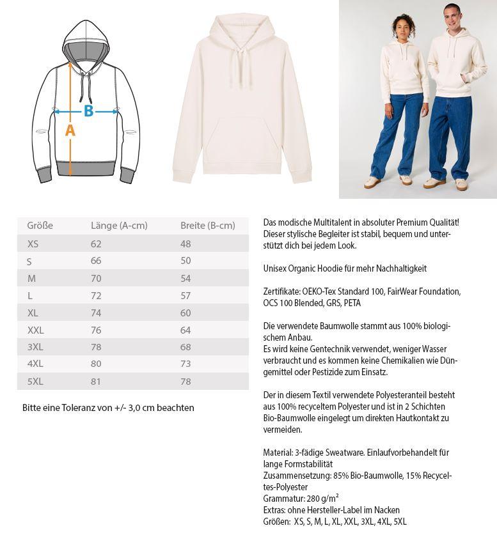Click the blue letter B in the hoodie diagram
pos(88,111)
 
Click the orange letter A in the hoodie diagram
pos(70,130)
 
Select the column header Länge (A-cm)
pos(119,226)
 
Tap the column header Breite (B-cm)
pos(207,226)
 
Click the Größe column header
pos(40,226)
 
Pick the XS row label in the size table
pos(33,244)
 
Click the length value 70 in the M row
pos(96,279)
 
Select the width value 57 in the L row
pos(185,296)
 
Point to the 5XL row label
pos(35,382)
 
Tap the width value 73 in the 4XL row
pos(185,364)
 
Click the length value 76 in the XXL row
pos(96,330)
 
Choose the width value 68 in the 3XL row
pos(185,347)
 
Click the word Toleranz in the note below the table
pos(79,408)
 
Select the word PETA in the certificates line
pos(352,303)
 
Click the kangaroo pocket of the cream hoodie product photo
pos(241,144)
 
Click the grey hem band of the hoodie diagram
pos(86,170)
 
